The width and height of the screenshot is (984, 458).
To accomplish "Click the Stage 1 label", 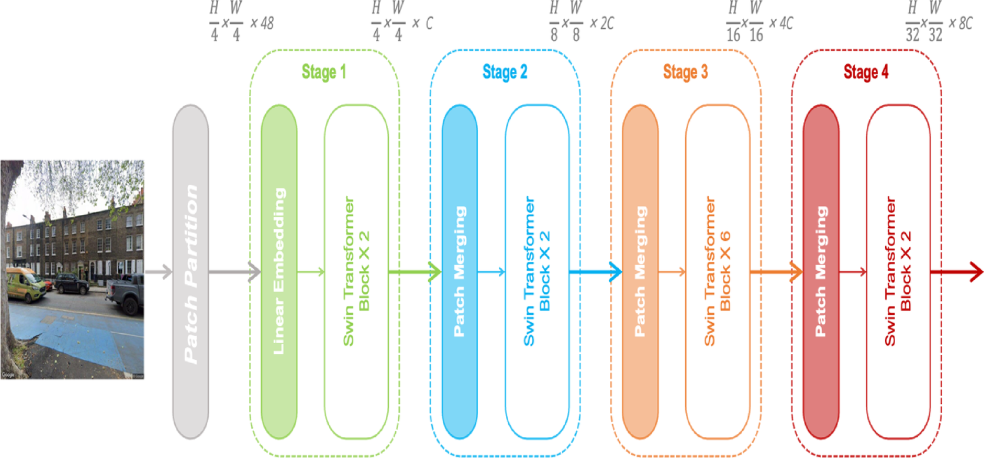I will pyautogui.click(x=323, y=72).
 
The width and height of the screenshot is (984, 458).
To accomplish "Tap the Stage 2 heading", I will pyautogui.click(x=505, y=72).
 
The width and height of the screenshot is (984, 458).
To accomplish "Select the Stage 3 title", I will pyautogui.click(x=685, y=72).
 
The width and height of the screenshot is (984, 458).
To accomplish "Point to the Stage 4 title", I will pyautogui.click(x=866, y=72).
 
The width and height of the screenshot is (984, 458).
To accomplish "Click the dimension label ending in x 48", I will pyautogui.click(x=241, y=22).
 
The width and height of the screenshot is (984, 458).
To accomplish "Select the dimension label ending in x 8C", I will pyautogui.click(x=938, y=22).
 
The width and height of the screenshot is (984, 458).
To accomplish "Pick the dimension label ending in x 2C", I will pyautogui.click(x=581, y=22).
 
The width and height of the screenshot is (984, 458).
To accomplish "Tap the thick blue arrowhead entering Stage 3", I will pyautogui.click(x=615, y=272).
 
